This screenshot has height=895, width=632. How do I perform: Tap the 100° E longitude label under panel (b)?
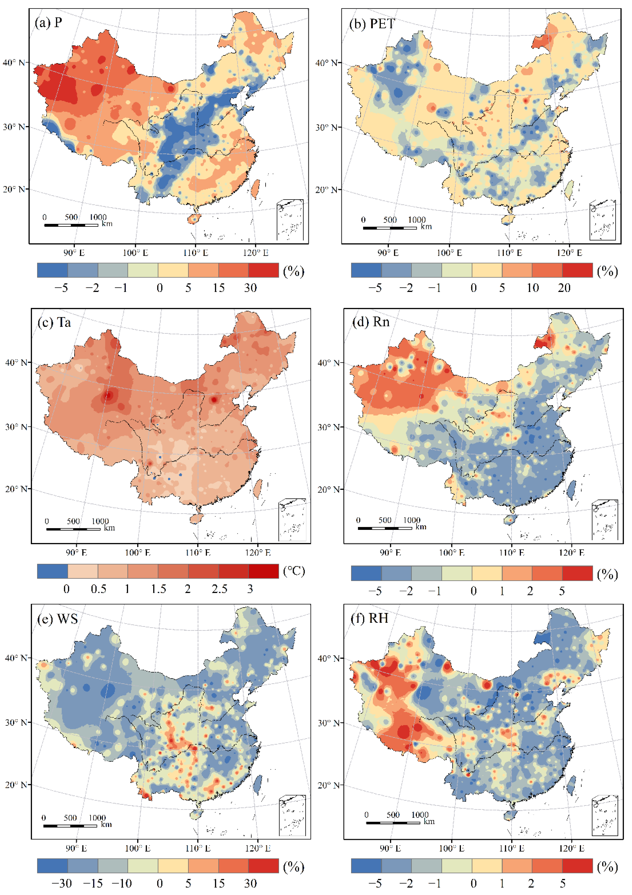[449, 253]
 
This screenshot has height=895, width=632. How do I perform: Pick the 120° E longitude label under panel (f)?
[572, 848]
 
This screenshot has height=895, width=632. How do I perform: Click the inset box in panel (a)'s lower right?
[290, 220]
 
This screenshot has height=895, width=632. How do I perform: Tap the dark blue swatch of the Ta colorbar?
[52, 571]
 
